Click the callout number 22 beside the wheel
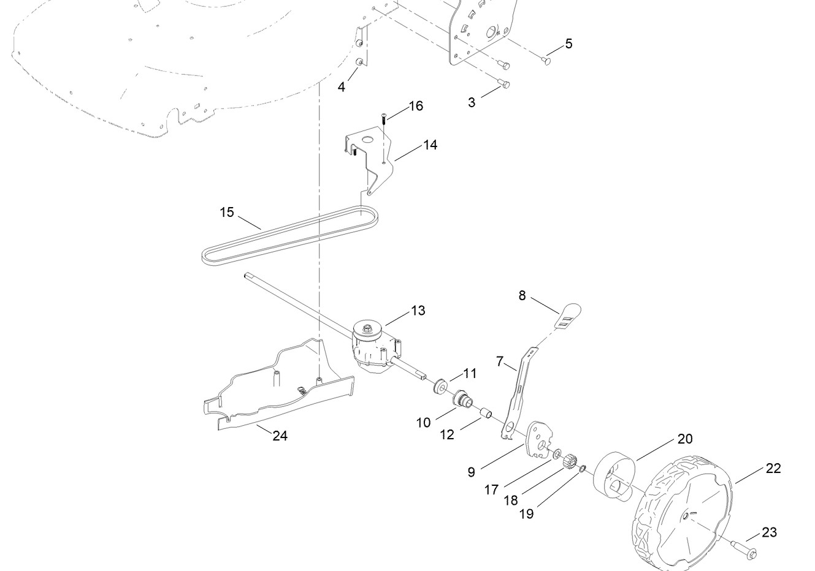point(773,468)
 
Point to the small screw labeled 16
point(383,118)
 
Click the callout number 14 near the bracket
point(430,145)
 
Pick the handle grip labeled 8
point(568,313)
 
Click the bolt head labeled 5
point(547,60)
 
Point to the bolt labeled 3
point(503,85)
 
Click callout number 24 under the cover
point(280,436)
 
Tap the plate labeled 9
point(538,439)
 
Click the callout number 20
point(685,439)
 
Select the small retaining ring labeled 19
point(583,469)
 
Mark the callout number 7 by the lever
point(500,361)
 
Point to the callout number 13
point(418,311)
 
